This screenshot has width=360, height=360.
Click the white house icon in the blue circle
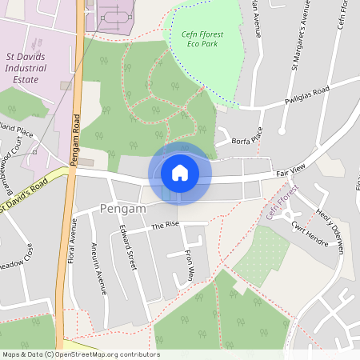[x=179, y=173]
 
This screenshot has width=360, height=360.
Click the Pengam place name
[x=124, y=209]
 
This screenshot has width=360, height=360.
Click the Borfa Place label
[x=246, y=139]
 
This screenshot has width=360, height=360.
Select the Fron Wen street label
[x=190, y=262]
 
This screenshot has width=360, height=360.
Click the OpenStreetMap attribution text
[x=81, y=354]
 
